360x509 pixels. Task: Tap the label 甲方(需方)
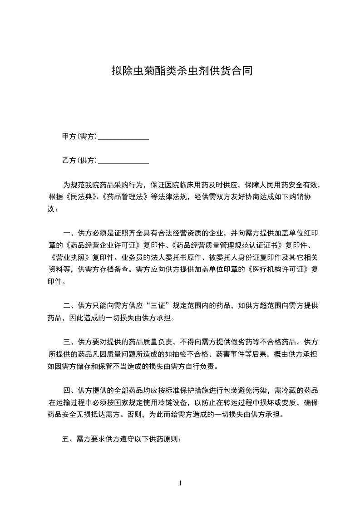pyautogui.click(x=79, y=137)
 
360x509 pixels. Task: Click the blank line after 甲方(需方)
pyautogui.click(x=123, y=137)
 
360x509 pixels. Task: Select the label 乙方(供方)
pyautogui.click(x=79, y=160)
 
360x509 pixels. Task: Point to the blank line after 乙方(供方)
pyautogui.click(x=123, y=161)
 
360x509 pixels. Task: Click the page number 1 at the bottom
pyautogui.click(x=180, y=483)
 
